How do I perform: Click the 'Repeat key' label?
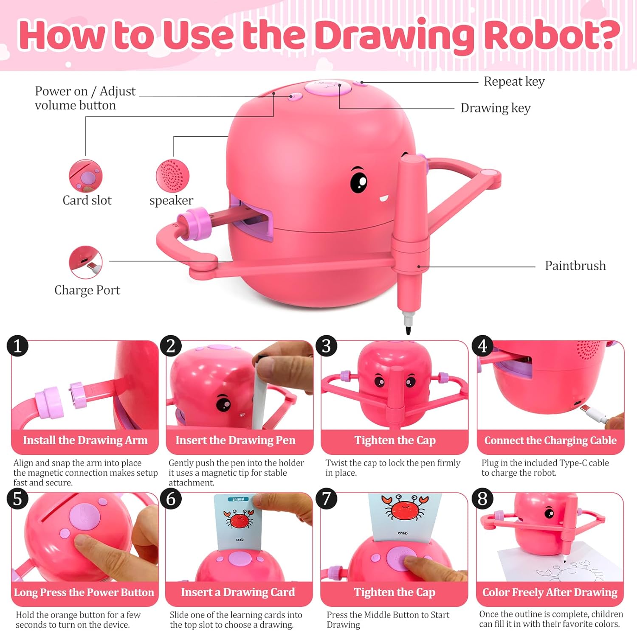(x=514, y=81)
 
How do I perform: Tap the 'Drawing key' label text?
(x=495, y=108)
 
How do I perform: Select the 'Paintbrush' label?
(x=575, y=266)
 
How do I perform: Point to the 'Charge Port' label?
(x=87, y=290)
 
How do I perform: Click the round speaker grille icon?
(x=172, y=176)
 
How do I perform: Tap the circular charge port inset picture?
(x=86, y=262)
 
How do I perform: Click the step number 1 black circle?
(x=17, y=346)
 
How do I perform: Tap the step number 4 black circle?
(x=482, y=346)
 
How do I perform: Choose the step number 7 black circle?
(x=327, y=498)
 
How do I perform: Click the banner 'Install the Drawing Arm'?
(x=85, y=440)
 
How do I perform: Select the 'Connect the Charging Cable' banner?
(x=550, y=440)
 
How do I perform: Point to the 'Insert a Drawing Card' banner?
(x=238, y=592)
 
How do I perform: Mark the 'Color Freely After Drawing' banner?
(x=550, y=592)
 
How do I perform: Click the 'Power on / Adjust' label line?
(x=85, y=91)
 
